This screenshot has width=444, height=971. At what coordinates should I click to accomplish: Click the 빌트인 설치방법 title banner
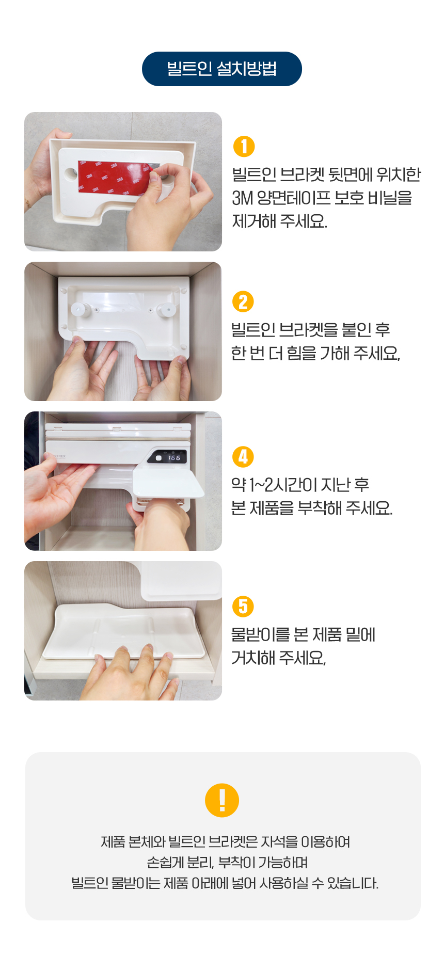[x=222, y=69]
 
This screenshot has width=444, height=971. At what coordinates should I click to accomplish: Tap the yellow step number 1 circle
[x=244, y=146]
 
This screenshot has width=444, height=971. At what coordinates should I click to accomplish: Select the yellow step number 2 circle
[x=243, y=302]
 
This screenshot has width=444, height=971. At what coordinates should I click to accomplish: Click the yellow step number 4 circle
[x=243, y=457]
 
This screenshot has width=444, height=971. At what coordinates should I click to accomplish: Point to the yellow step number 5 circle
[x=243, y=607]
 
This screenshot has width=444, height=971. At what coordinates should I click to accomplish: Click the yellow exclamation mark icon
[x=222, y=800]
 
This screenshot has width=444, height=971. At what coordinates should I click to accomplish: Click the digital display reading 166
[x=168, y=457]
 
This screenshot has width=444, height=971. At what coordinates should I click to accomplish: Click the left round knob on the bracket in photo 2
[x=80, y=310]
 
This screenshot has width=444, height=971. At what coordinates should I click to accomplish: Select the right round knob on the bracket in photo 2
[x=166, y=310]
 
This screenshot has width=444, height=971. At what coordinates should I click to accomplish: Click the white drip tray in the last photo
[x=124, y=631]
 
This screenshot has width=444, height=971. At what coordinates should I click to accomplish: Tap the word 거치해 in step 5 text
[x=253, y=658]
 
